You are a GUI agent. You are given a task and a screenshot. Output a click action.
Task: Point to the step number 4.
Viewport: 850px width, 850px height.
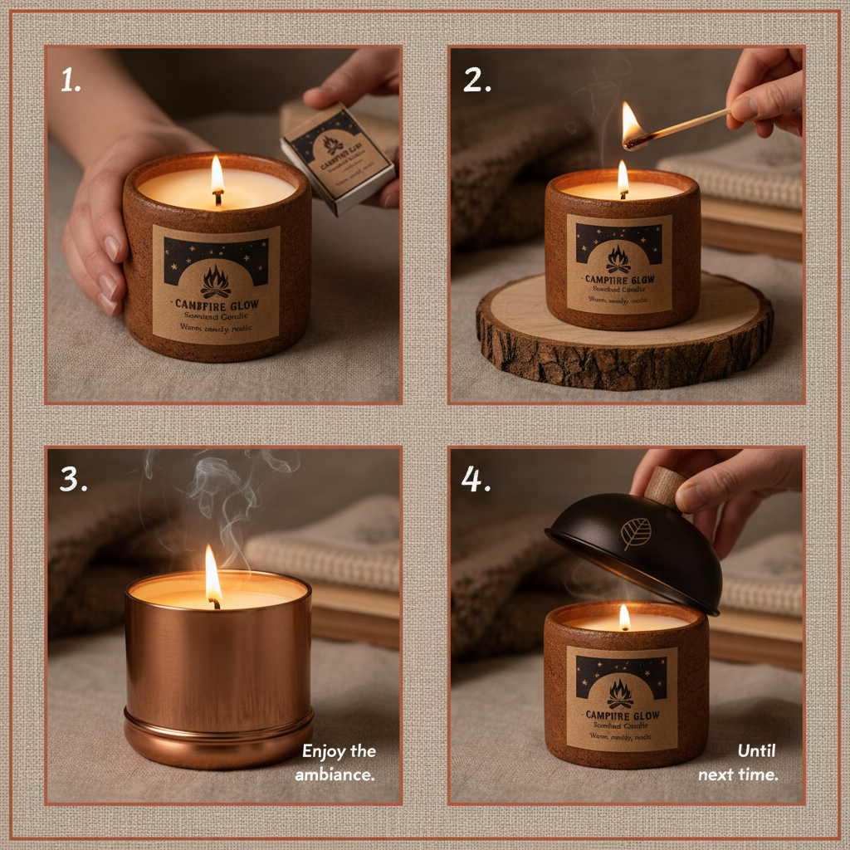click(475, 479)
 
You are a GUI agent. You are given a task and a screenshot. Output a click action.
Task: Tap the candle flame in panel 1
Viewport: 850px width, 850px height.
click(217, 175)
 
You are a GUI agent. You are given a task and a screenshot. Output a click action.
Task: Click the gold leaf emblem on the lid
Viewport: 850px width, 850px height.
click(637, 534)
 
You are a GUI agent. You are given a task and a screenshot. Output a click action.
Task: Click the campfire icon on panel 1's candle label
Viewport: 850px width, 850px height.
click(216, 281)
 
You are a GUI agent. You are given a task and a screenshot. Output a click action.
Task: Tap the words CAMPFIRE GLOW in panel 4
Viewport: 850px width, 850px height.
click(622, 715)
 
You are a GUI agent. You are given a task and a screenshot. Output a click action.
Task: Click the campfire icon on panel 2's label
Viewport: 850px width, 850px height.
click(618, 259)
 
